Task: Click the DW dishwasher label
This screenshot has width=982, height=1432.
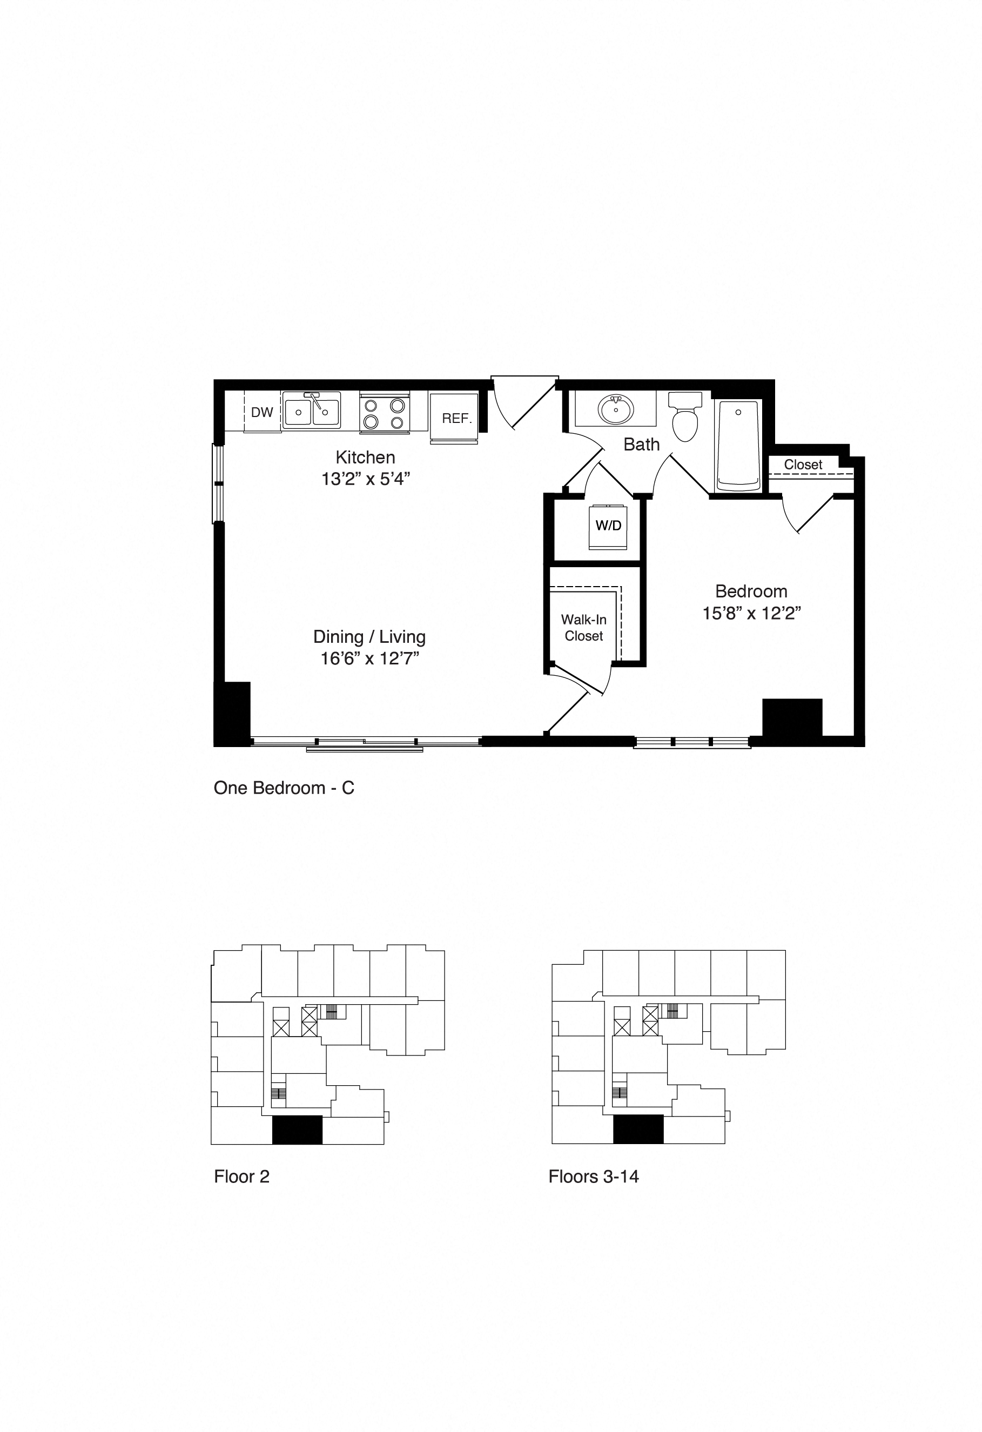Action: (x=262, y=412)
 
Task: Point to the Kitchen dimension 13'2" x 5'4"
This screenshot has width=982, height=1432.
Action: (x=365, y=479)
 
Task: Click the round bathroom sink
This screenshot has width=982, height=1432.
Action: (x=615, y=410)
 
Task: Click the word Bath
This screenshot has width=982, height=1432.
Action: (x=641, y=444)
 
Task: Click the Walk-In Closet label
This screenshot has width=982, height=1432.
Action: (x=583, y=627)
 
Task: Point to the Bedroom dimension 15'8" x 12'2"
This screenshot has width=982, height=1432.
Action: (x=751, y=613)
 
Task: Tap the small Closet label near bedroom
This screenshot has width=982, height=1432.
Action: (x=803, y=465)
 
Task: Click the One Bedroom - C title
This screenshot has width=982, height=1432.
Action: (x=284, y=788)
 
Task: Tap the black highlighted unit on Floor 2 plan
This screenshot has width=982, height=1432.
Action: (x=297, y=1130)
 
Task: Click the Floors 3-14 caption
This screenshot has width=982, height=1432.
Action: (x=593, y=1177)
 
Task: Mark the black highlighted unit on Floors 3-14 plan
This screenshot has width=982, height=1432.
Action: (x=638, y=1130)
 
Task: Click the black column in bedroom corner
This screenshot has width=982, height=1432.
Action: (x=792, y=717)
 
